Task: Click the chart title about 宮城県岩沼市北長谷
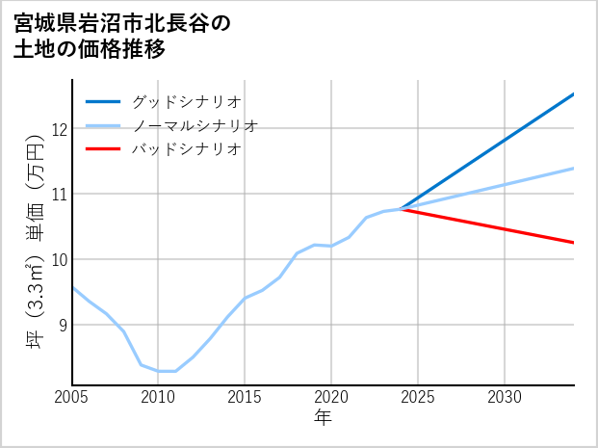coord(122,36)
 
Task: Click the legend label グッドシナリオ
coord(186,101)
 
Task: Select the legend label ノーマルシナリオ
coord(195,125)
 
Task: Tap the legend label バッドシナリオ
coord(186,149)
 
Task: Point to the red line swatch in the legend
coord(103,149)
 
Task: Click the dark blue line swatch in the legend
coord(103,101)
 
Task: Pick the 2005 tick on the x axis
coord(72,397)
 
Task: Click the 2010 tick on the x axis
coord(158,397)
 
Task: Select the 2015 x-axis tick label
coord(245,397)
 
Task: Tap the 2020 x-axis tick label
coord(331,397)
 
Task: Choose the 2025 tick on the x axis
coord(418,397)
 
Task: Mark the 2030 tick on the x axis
coord(505,397)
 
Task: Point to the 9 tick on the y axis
coord(60,325)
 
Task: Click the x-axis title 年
coord(323,418)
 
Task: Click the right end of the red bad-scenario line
coord(573,243)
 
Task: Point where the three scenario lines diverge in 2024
coord(401,208)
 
